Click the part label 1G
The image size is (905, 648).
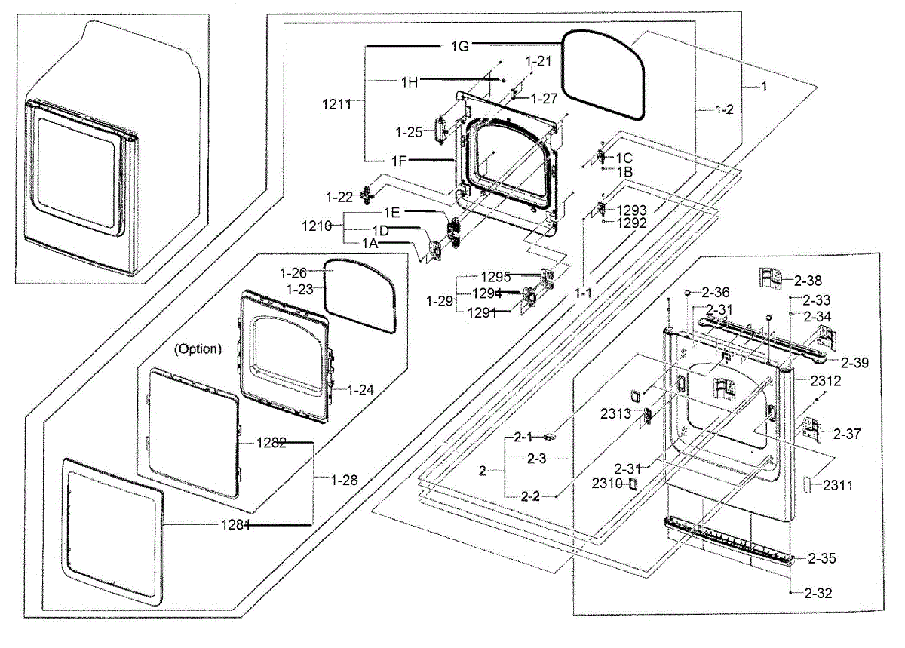tap(460, 45)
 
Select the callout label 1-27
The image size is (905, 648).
tap(544, 97)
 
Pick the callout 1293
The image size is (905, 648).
tap(632, 210)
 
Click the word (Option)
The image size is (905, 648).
tap(198, 349)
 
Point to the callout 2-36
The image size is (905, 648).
tap(716, 292)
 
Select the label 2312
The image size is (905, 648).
tap(825, 381)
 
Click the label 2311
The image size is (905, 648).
tap(838, 486)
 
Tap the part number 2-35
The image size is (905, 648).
tap(822, 559)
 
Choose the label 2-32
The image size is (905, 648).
tap(818, 593)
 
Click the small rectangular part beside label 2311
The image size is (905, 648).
tap(806, 484)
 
